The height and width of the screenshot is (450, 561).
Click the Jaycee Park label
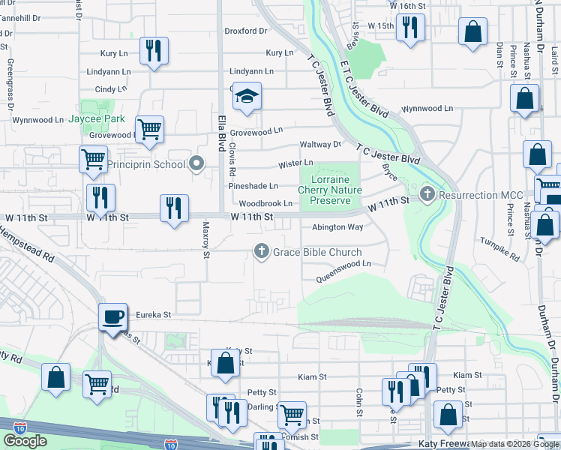pos(97,118)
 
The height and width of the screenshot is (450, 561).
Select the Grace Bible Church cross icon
pos(262,251)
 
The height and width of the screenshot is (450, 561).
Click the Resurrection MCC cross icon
pos(427,195)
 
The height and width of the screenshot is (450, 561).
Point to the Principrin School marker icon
pos(197,163)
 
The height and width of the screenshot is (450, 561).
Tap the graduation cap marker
pos(246,96)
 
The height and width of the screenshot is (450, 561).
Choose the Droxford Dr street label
pos(246,31)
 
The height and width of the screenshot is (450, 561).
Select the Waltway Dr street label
pos(320,144)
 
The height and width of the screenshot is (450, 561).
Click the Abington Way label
pos(337,227)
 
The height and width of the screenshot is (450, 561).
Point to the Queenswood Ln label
pos(346,264)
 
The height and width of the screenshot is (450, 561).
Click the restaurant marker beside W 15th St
pos(409,28)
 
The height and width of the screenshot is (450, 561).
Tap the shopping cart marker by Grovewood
pos(149,129)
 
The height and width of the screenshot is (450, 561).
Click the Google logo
pos(25,441)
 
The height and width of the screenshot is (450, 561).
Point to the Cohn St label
pos(360,403)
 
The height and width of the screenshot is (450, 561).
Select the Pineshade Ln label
pos(253,185)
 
